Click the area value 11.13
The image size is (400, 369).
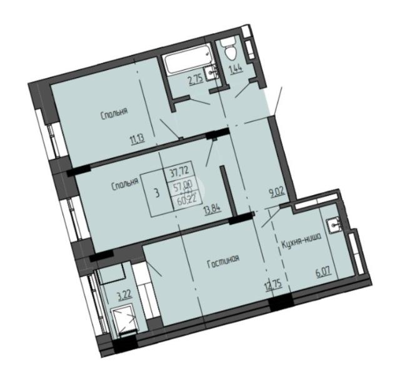(x=137, y=138)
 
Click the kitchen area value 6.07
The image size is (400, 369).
(x=324, y=272)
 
